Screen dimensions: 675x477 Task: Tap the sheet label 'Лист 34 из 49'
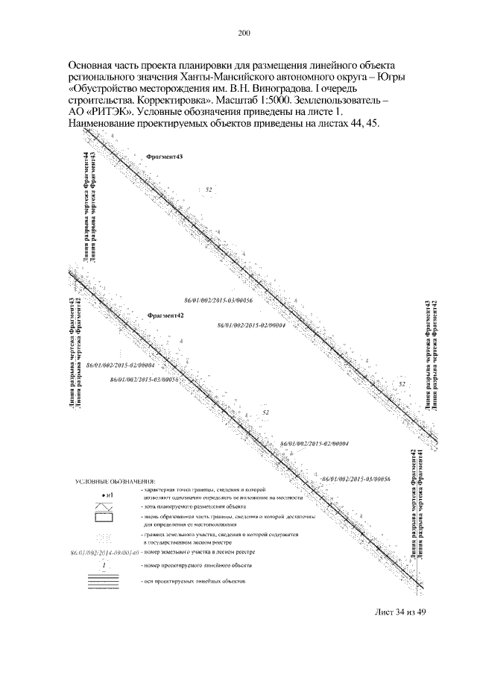(399, 613)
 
